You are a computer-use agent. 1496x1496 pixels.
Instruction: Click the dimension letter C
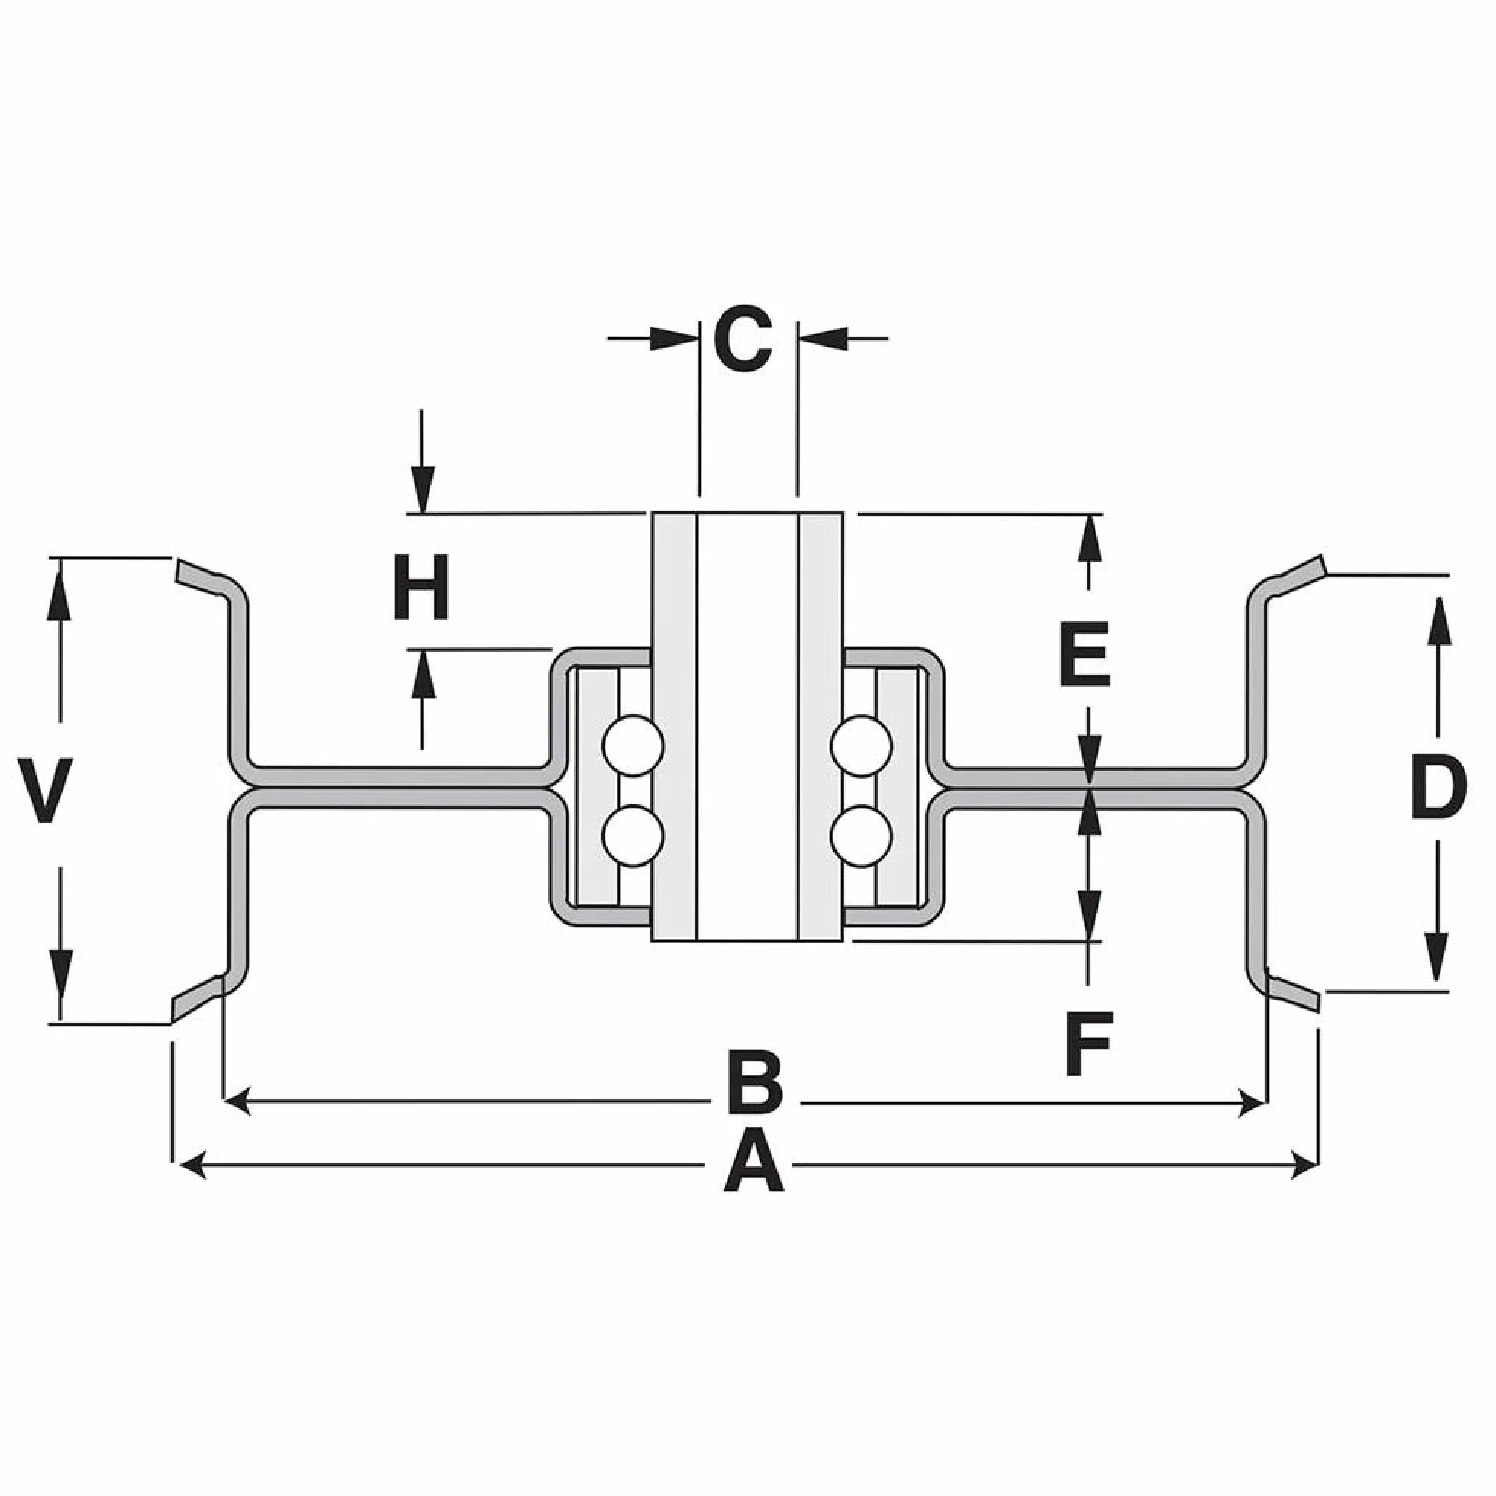pyautogui.click(x=743, y=339)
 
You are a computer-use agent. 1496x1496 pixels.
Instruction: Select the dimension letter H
pyautogui.click(x=421, y=586)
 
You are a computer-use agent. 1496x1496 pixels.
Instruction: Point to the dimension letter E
pyautogui.click(x=1085, y=654)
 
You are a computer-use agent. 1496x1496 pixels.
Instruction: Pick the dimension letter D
pyautogui.click(x=1439, y=789)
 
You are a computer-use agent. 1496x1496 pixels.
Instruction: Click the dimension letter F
pyautogui.click(x=1088, y=1045)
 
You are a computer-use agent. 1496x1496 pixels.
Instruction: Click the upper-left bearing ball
pyautogui.click(x=634, y=746)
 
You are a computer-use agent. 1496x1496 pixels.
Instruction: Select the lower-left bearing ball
pyautogui.click(x=634, y=836)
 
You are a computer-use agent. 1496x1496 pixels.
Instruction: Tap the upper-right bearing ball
pyautogui.click(x=861, y=746)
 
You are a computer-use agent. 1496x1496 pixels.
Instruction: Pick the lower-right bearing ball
pyautogui.click(x=861, y=836)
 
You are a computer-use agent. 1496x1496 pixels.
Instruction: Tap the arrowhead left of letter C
pyautogui.click(x=675, y=338)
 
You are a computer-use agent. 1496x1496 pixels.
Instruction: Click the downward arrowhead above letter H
pyautogui.click(x=422, y=489)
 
